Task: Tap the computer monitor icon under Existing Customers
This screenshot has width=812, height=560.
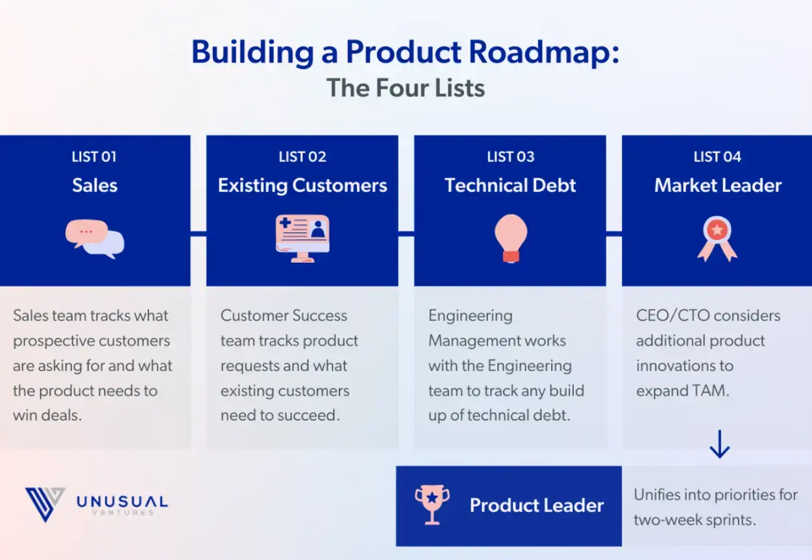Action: click(x=302, y=238)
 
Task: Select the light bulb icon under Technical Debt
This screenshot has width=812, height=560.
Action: click(x=510, y=238)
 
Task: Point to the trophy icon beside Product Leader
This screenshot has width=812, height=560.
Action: click(x=432, y=505)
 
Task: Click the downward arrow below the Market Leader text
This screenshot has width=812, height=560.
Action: click(x=719, y=445)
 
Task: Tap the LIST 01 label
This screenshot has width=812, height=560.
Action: click(x=94, y=157)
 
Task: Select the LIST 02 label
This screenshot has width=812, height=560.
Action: click(x=302, y=157)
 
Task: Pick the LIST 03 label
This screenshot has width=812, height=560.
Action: click(x=510, y=157)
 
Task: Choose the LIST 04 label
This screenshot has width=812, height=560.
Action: click(x=717, y=157)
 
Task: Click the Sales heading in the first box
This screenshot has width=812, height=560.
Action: click(x=95, y=186)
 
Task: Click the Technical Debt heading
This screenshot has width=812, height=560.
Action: click(x=510, y=186)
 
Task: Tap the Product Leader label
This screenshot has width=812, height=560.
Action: click(x=537, y=505)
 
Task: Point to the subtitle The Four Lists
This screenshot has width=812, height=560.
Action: click(x=406, y=88)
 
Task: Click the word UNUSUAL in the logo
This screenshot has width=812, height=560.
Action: click(x=122, y=501)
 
